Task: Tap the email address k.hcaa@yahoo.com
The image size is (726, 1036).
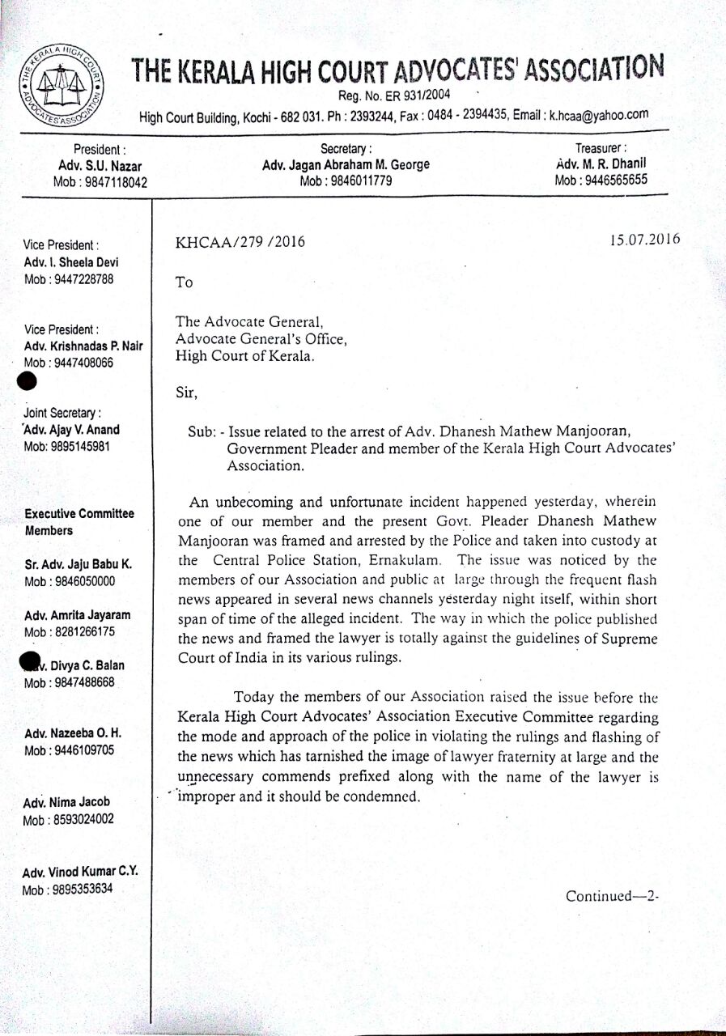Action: click(599, 114)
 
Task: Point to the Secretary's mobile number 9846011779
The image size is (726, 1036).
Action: click(346, 180)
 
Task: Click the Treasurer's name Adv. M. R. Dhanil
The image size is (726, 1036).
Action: click(601, 164)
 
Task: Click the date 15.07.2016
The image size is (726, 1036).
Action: click(646, 239)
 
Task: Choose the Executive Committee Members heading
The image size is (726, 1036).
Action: click(80, 522)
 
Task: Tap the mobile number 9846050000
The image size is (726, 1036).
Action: click(69, 581)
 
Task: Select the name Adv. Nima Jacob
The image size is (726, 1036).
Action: click(67, 802)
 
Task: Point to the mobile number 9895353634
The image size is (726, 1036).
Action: click(67, 888)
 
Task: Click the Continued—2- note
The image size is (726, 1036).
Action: click(613, 896)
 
